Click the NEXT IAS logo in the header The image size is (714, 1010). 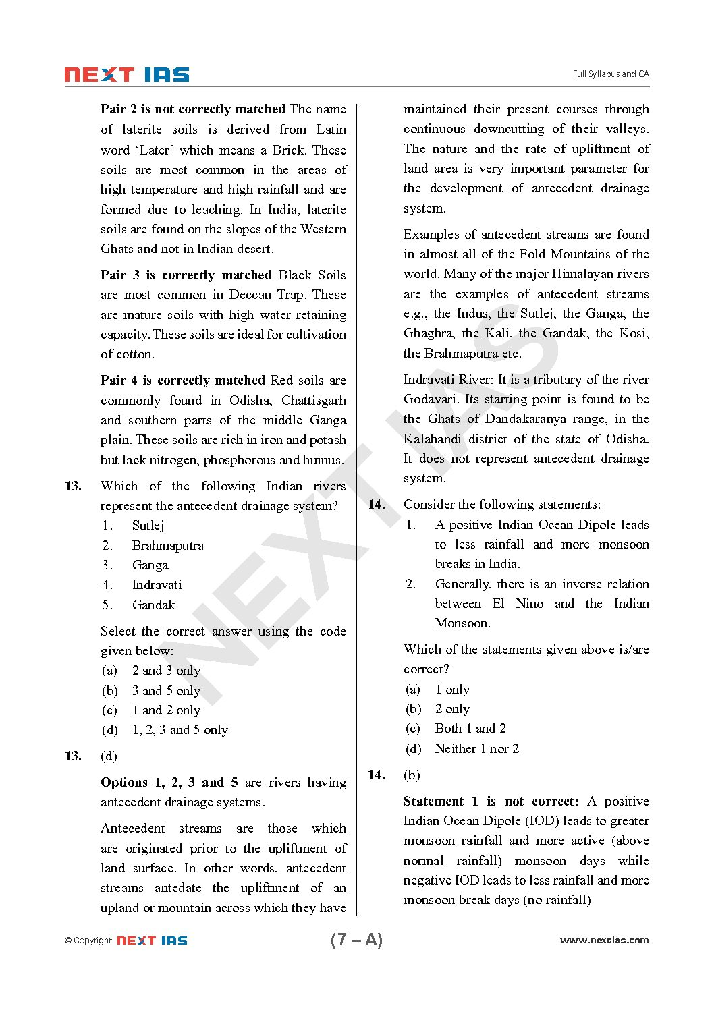pyautogui.click(x=127, y=75)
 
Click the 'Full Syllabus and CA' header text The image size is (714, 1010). pyautogui.click(x=610, y=74)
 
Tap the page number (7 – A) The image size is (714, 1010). pyautogui.click(x=356, y=940)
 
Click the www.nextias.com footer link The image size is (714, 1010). pyautogui.click(x=604, y=941)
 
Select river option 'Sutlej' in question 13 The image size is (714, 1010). pyautogui.click(x=148, y=526)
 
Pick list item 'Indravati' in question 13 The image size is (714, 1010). pyautogui.click(x=157, y=585)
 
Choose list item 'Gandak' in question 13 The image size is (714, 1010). pyautogui.click(x=153, y=605)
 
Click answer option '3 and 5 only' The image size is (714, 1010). pyautogui.click(x=166, y=691)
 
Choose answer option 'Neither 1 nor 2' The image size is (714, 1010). pyautogui.click(x=476, y=749)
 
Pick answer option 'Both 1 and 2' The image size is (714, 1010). pyautogui.click(x=470, y=729)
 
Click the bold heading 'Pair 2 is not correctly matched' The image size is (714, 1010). pyautogui.click(x=193, y=109)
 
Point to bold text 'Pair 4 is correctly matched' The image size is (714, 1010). pyautogui.click(x=183, y=381)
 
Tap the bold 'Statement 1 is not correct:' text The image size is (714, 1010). pyautogui.click(x=491, y=802)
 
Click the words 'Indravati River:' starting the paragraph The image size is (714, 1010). pyautogui.click(x=448, y=380)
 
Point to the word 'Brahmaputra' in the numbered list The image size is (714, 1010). pyautogui.click(x=167, y=546)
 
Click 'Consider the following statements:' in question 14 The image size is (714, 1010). pyautogui.click(x=501, y=505)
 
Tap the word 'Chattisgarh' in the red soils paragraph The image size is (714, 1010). pyautogui.click(x=313, y=401)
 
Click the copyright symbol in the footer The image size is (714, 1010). pyautogui.click(x=68, y=941)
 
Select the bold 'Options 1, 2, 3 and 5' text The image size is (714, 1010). pyautogui.click(x=169, y=783)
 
